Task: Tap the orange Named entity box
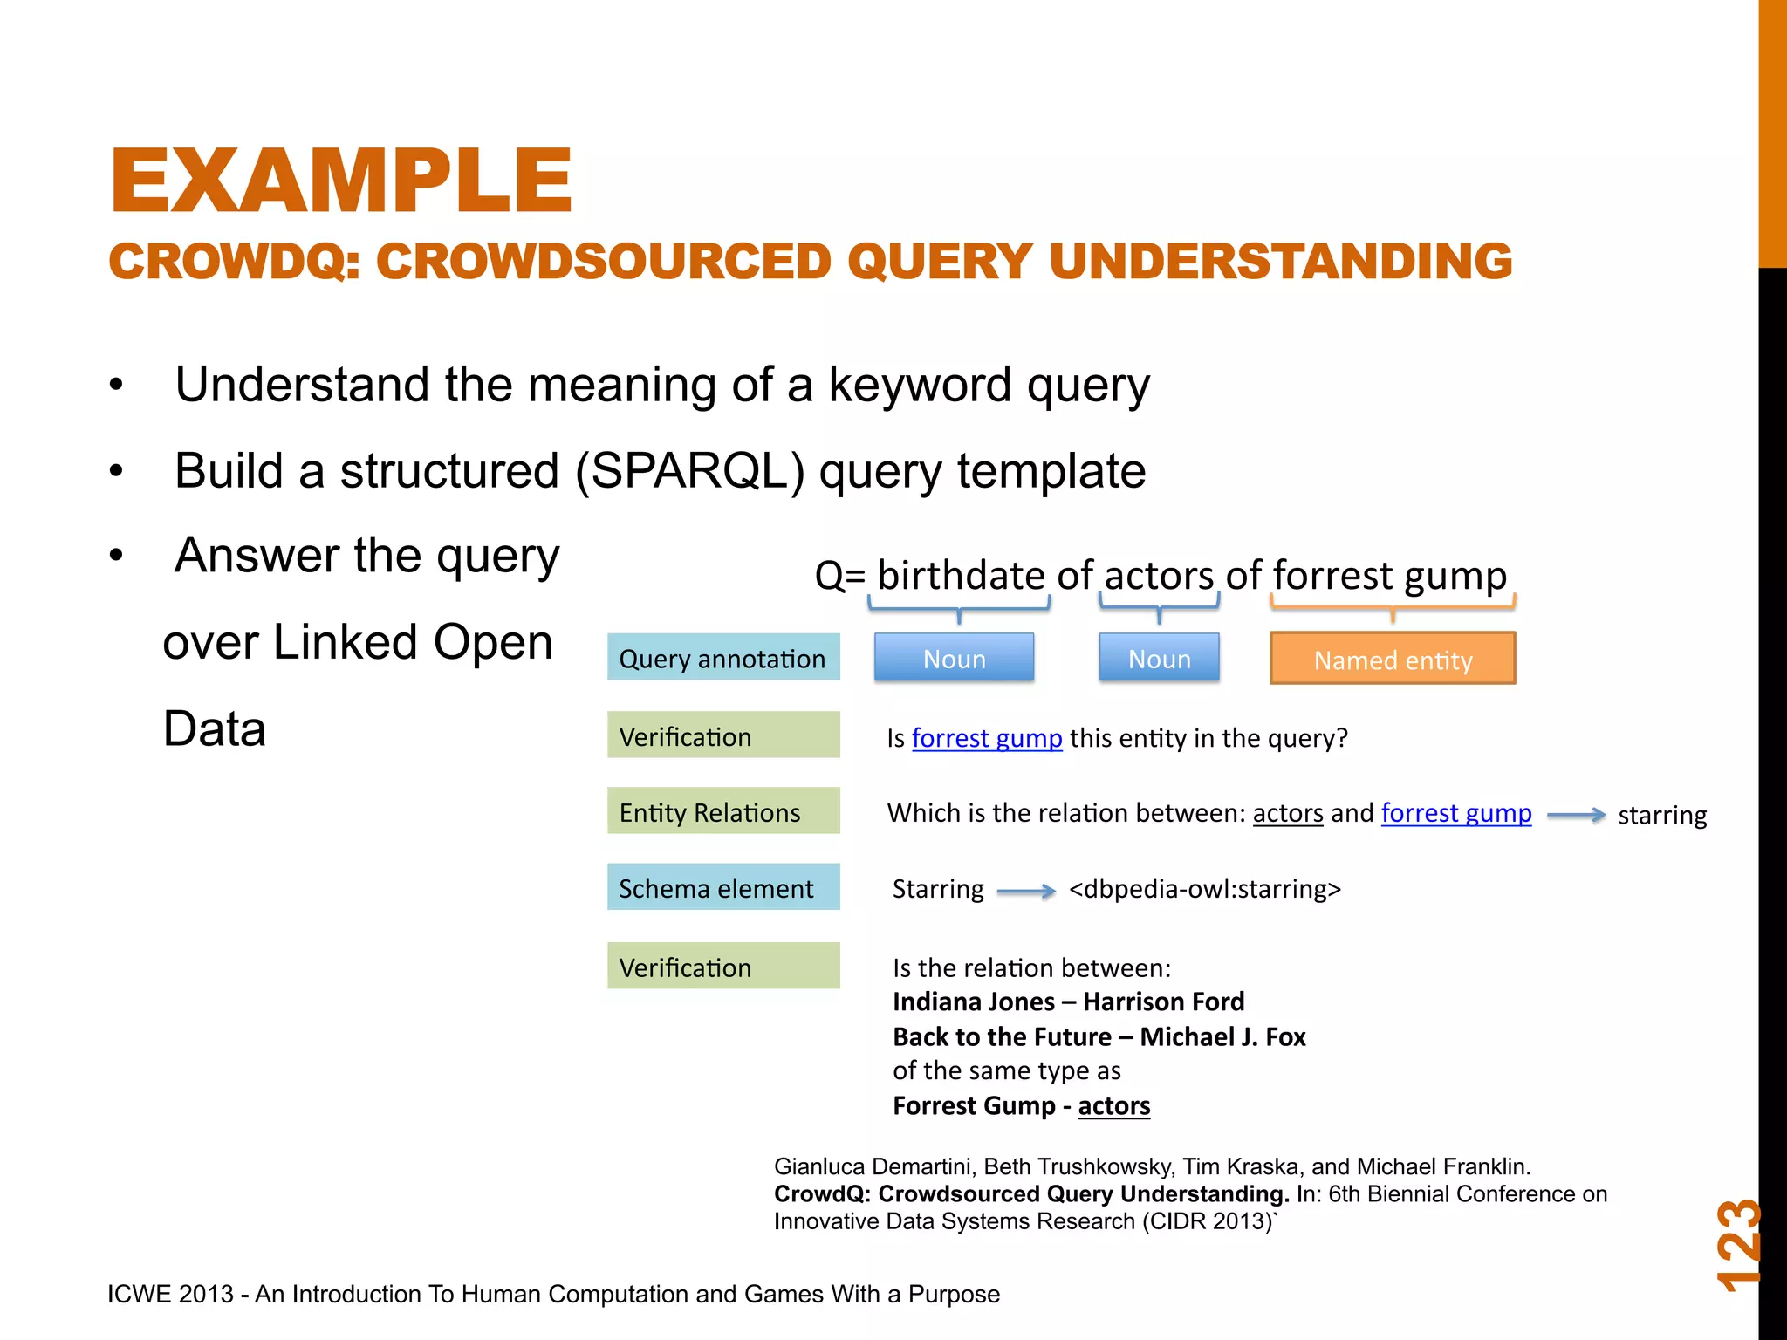1393,659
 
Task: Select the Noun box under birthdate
954,658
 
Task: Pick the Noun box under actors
1159,658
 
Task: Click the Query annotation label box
722,658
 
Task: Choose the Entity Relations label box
722,811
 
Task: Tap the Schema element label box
722,887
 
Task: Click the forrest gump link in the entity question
986,738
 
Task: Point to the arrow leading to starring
1575,815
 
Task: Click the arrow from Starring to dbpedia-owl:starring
1025,891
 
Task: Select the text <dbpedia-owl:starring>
1204,889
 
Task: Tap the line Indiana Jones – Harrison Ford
1068,1002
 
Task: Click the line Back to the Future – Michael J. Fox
1099,1036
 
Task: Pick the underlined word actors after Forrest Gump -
1113,1106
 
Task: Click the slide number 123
1737,1246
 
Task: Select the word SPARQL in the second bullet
689,471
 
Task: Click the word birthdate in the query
960,576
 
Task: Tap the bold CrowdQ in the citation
820,1193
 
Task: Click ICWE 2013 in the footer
170,1294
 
